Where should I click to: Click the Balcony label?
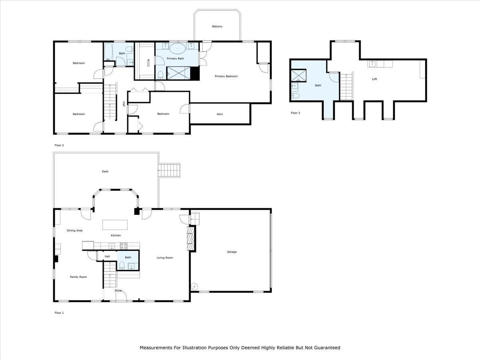(x=217, y=26)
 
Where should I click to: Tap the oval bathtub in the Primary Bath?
(x=177, y=49)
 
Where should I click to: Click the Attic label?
(x=220, y=114)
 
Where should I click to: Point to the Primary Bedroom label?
(x=226, y=76)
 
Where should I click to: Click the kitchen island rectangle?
(x=115, y=224)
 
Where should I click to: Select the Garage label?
(x=232, y=252)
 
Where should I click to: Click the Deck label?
(x=105, y=172)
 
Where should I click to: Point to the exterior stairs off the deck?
(x=170, y=170)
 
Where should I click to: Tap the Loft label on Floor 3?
(x=374, y=79)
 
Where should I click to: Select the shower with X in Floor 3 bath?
(x=298, y=75)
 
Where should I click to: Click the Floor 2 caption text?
(x=59, y=145)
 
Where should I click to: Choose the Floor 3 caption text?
(x=295, y=113)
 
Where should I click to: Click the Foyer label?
(x=118, y=290)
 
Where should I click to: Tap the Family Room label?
(x=78, y=277)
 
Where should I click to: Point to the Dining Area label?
(x=74, y=230)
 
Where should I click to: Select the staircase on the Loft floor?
(x=346, y=86)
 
